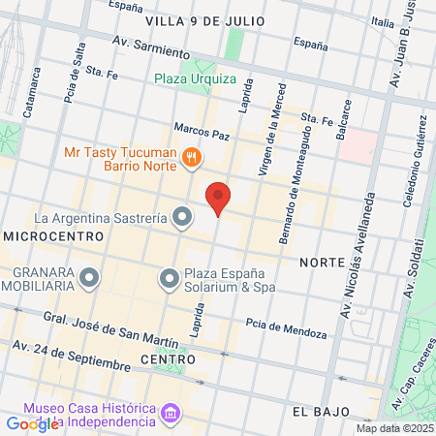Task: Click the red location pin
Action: tap(219, 199)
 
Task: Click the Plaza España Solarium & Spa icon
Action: tap(170, 280)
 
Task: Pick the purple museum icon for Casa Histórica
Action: tap(171, 414)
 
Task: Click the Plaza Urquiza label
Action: tap(193, 79)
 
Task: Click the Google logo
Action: tap(32, 423)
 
